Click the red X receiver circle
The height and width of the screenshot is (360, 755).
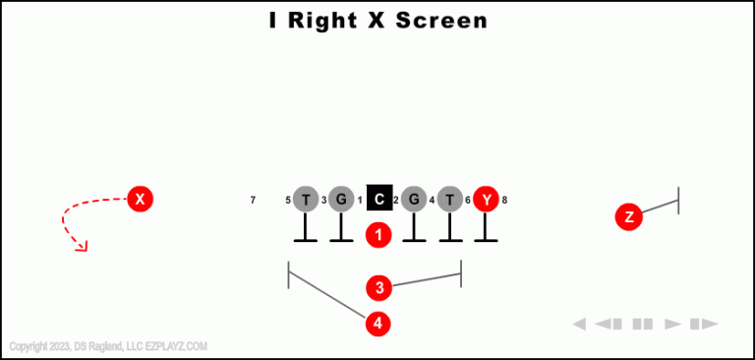click(141, 200)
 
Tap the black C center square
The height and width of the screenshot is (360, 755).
click(379, 200)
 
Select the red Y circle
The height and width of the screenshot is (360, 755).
click(486, 200)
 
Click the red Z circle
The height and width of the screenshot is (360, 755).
click(629, 216)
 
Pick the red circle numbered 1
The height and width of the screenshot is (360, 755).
click(379, 235)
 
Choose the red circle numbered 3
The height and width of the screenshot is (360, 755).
click(379, 287)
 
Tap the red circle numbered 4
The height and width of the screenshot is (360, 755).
click(379, 323)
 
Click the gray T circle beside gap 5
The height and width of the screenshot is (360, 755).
click(306, 200)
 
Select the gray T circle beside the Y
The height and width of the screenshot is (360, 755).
click(450, 200)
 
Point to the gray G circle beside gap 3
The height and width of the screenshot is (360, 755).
click(341, 200)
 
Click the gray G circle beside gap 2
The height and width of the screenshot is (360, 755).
click(414, 200)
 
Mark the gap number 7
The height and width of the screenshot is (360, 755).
click(253, 201)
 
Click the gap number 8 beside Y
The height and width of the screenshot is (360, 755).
click(504, 201)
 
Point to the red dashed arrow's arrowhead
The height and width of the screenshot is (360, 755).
click(83, 246)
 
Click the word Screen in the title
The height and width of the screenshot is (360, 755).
click(441, 20)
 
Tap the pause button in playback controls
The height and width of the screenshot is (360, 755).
click(643, 324)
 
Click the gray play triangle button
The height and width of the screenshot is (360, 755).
click(673, 324)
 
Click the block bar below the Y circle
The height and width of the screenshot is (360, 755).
click(486, 240)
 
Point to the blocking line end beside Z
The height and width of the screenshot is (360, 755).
click(678, 200)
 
